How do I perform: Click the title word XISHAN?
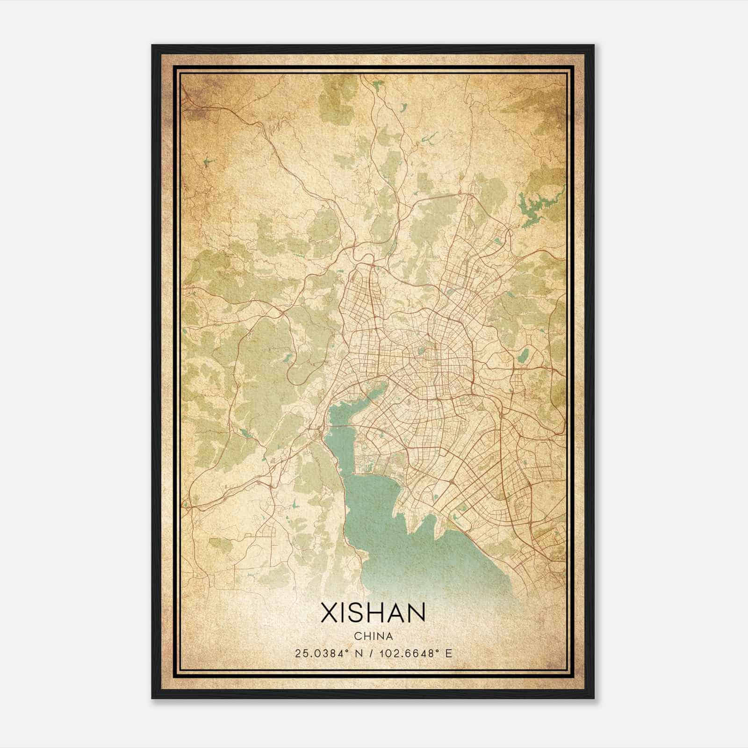coord(373,612)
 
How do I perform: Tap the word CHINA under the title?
coord(373,636)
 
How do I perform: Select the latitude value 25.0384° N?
coord(329,653)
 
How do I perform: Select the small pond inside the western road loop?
coord(286,359)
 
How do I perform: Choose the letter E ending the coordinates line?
coord(449,653)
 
